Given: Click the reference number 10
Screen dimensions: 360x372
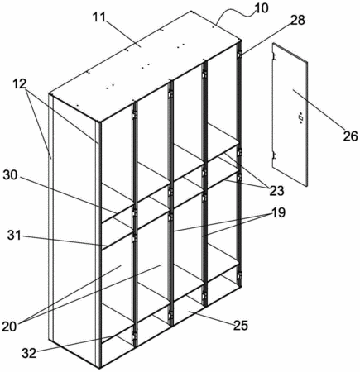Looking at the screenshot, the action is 261,8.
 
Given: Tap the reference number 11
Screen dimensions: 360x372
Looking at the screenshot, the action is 98,17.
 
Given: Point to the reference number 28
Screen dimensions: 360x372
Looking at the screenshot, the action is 297,20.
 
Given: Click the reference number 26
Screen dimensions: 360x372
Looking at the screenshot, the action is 350,136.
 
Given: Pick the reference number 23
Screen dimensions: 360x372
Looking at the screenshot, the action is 276,190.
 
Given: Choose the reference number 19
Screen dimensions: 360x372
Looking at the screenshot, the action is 278,212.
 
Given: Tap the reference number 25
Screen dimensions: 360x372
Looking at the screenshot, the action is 241,326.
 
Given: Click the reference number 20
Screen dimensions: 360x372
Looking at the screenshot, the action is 9,327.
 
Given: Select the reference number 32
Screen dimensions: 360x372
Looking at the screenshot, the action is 29,353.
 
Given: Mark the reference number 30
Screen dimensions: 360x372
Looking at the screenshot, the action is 11,175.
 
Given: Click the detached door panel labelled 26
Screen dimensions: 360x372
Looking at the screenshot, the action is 290,114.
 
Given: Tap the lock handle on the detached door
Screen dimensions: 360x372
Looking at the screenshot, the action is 300,117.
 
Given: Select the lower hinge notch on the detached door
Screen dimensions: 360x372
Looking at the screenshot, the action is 274,155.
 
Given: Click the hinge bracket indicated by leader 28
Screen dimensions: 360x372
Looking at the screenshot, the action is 239,55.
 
